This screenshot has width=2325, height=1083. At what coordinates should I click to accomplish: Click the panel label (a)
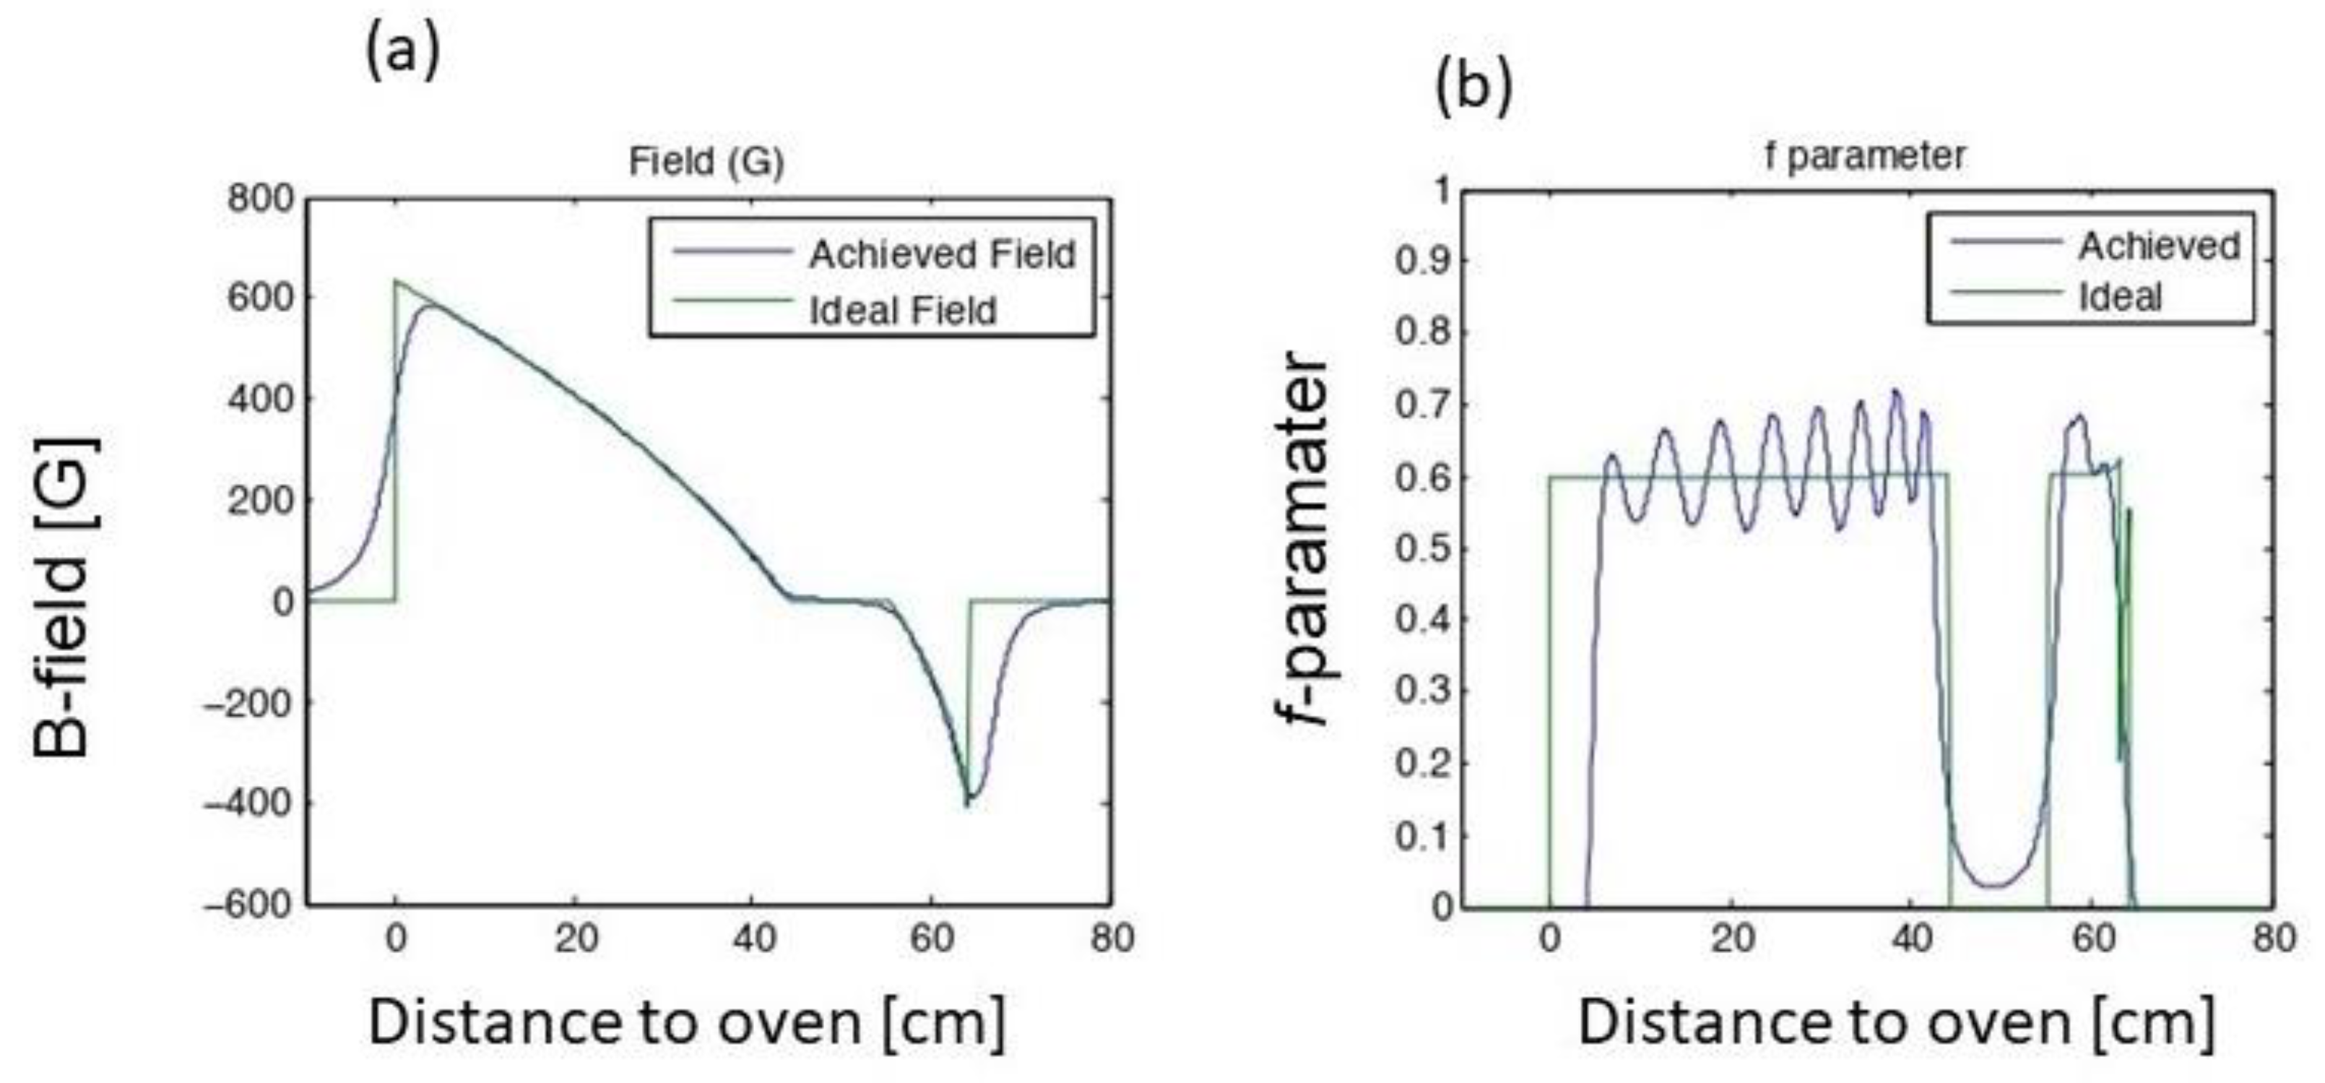point(402,51)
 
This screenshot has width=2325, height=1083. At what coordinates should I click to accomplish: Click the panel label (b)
point(1472,87)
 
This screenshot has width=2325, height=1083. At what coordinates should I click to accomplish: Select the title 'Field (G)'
point(706,162)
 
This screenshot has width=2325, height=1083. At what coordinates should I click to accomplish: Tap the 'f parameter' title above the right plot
point(1865,156)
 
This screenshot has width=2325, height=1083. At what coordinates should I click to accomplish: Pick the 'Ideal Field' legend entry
point(903,311)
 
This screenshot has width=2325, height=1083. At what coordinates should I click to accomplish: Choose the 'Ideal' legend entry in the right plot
point(2120,297)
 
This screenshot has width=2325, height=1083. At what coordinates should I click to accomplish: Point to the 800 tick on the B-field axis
point(261,198)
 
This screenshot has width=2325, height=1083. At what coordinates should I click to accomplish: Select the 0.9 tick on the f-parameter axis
point(1422,262)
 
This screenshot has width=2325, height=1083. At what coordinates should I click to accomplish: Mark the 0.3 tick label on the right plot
point(1422,691)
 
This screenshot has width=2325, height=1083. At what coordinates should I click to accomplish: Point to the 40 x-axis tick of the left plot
point(753,939)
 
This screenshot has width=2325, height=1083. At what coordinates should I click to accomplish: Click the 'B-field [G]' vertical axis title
point(63,595)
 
